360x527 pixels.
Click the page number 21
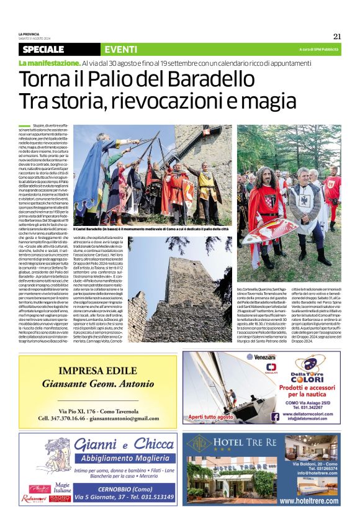(x=336, y=36)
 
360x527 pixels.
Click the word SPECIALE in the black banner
(x=43, y=50)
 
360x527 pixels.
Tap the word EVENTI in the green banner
(x=121, y=50)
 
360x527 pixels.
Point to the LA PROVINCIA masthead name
(x=29, y=34)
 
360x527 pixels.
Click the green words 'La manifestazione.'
(x=49, y=64)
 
